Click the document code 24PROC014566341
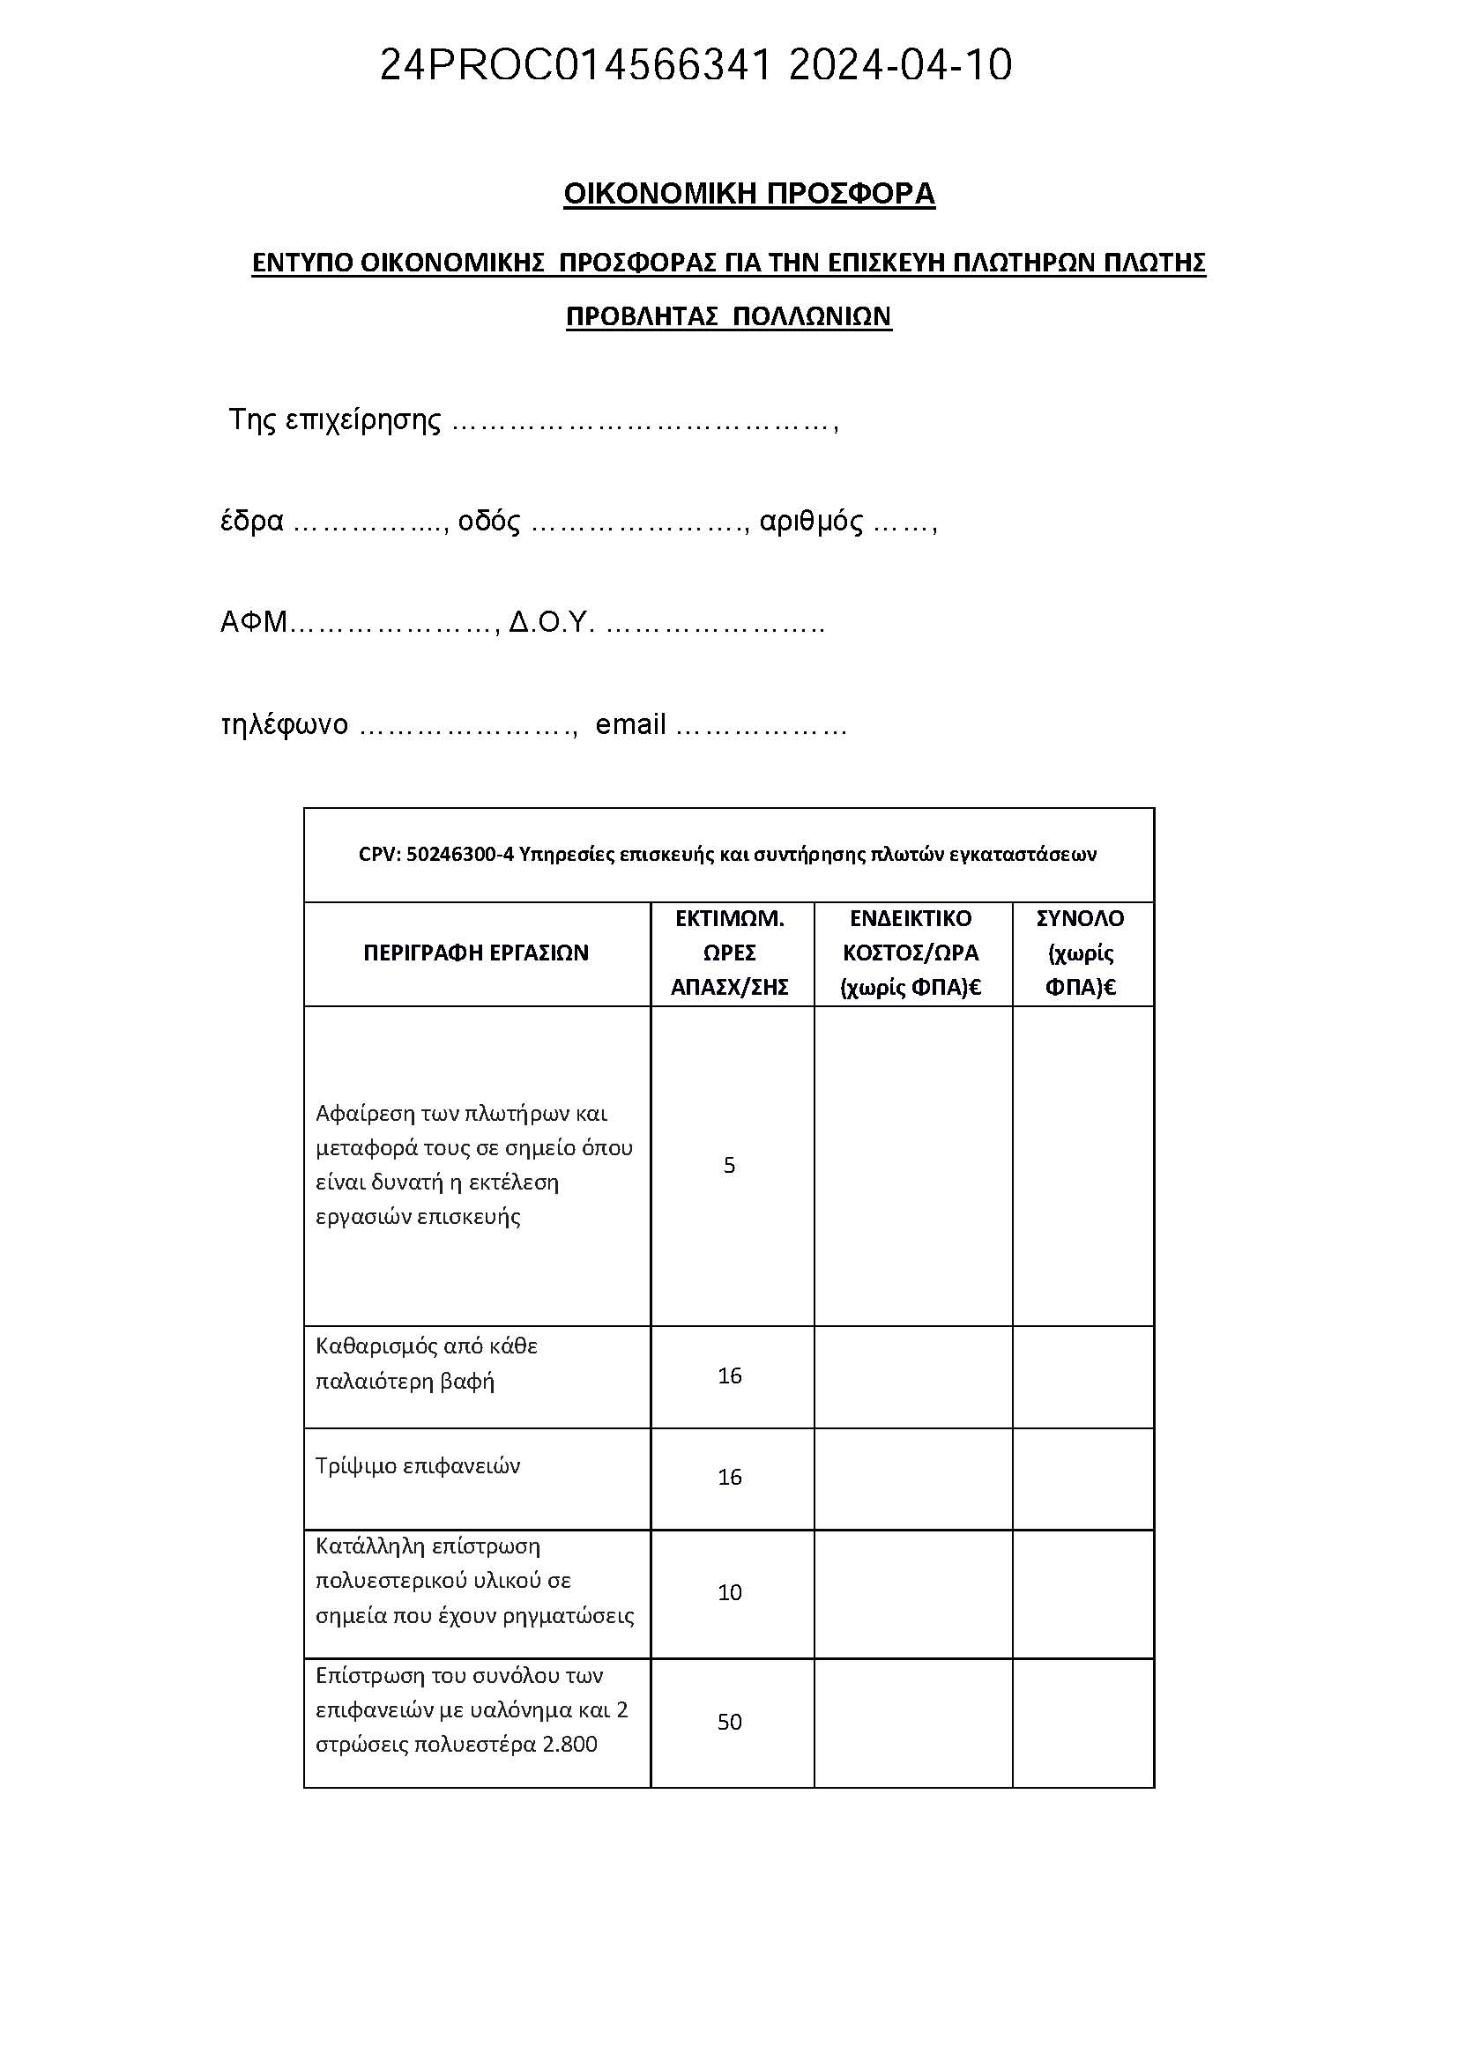tap(575, 64)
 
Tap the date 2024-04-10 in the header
tap(900, 64)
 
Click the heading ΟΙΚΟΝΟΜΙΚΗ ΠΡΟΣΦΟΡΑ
tap(748, 194)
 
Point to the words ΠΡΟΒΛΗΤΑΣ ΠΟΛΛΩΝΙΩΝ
tap(728, 316)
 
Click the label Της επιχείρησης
tap(335, 420)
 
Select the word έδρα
tap(252, 521)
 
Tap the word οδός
tap(489, 521)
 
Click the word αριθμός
tap(811, 521)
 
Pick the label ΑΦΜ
tap(253, 622)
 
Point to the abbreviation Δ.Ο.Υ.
tap(551, 622)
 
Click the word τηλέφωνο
tap(285, 723)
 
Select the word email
tap(630, 723)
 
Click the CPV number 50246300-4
tap(459, 855)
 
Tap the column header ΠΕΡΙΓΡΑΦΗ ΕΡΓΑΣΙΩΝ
tap(476, 953)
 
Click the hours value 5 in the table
tap(729, 1165)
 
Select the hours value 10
tap(730, 1592)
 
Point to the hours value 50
tap(730, 1722)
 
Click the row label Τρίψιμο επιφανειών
tap(419, 1466)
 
